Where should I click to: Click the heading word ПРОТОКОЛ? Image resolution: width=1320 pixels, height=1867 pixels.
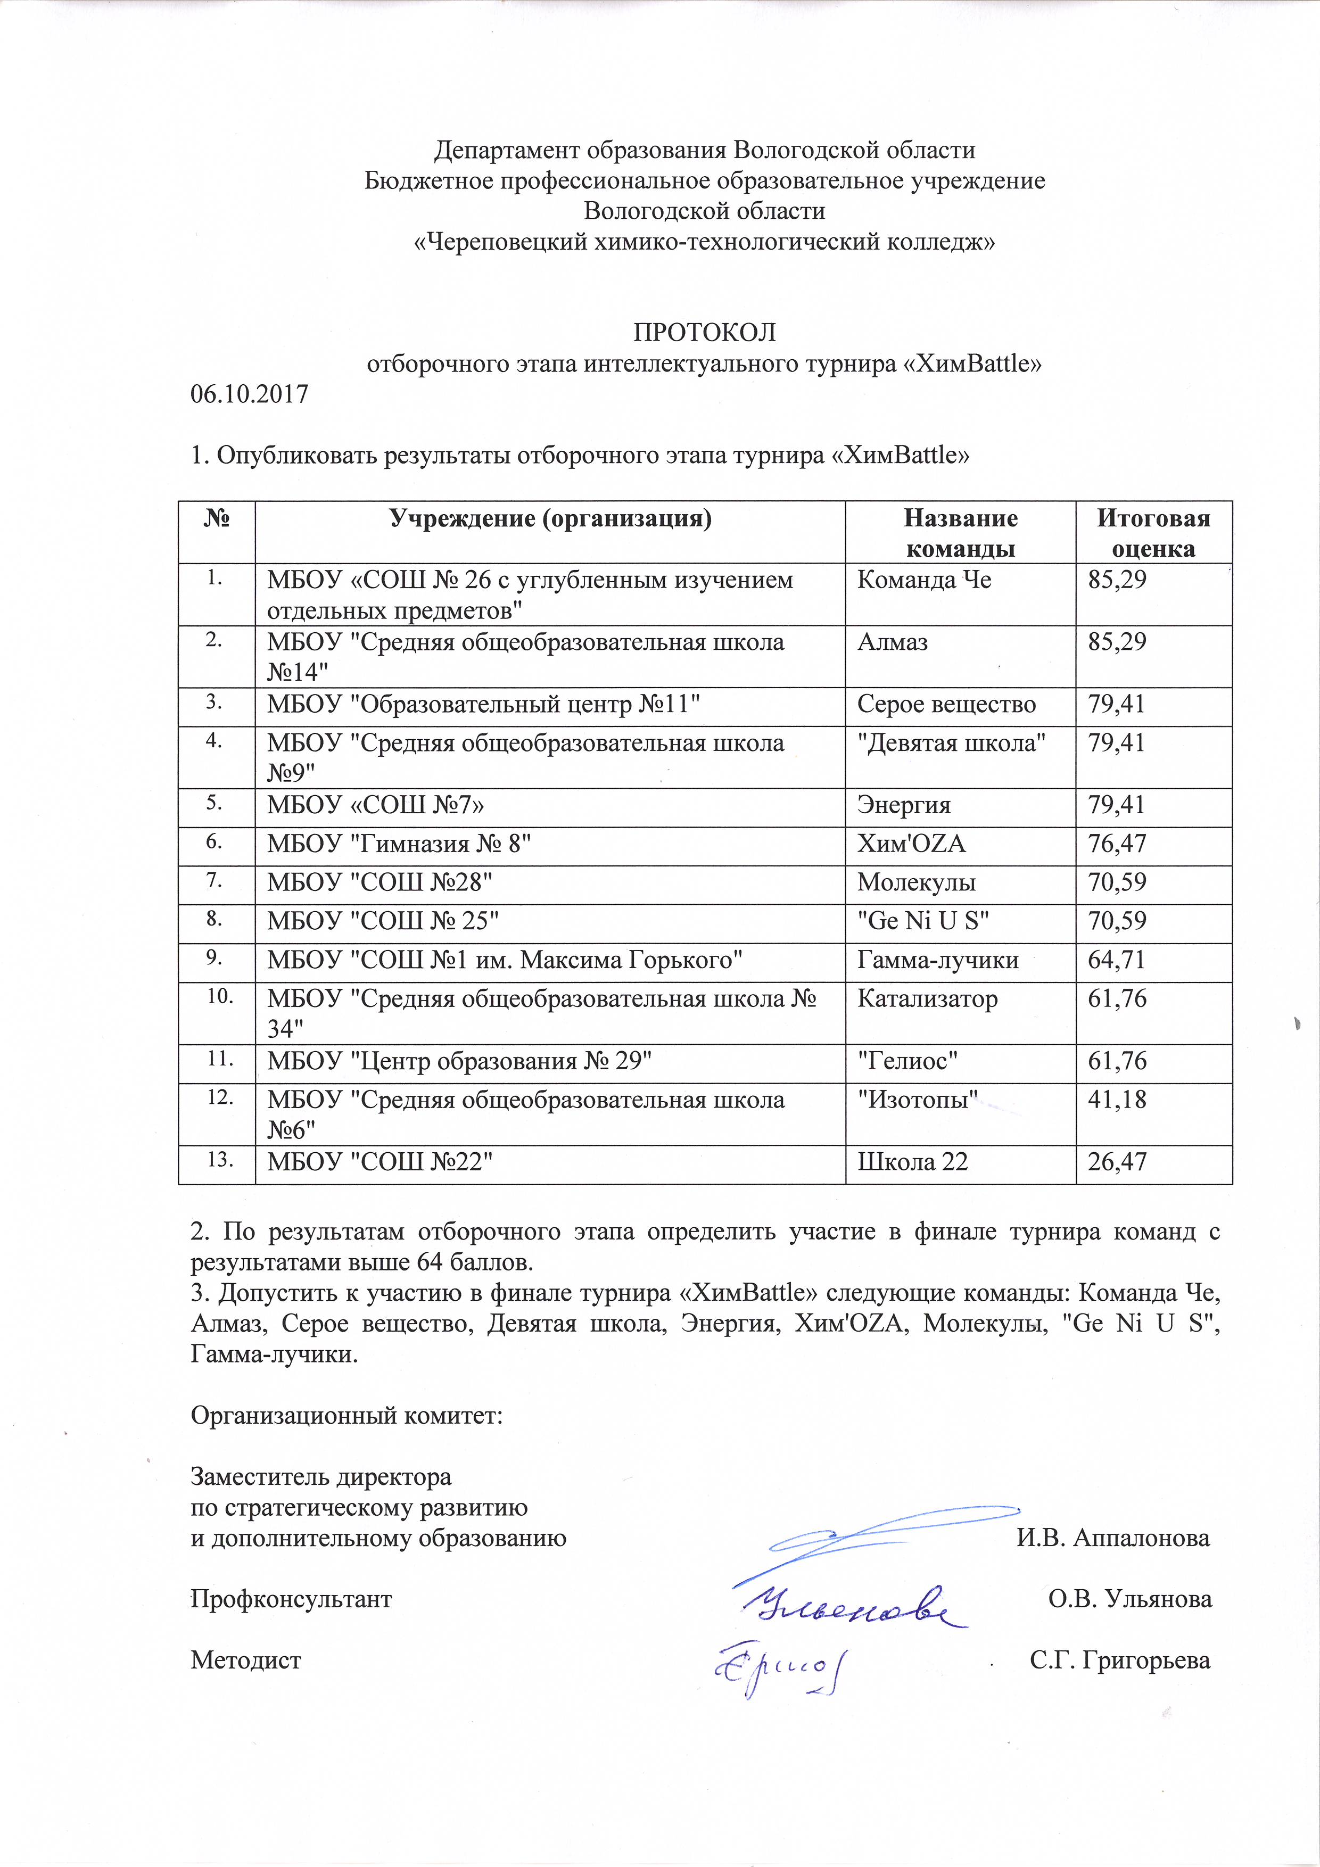pos(704,333)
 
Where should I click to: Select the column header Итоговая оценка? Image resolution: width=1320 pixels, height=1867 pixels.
pos(1153,533)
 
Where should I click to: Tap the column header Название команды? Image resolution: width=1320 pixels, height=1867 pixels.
pos(961,533)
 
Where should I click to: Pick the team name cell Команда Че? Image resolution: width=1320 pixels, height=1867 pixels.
pos(924,581)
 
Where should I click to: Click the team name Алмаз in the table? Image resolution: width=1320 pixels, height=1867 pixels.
pos(892,642)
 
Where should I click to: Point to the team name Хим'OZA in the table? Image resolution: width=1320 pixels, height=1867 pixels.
pos(911,844)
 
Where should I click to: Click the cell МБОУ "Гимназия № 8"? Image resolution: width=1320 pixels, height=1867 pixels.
pos(399,844)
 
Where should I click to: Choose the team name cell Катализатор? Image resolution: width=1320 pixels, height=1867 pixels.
pos(927,999)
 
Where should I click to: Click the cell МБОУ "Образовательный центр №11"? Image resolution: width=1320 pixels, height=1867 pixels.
pos(484,704)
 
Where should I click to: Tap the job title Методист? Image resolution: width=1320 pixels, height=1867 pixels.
pos(245,1661)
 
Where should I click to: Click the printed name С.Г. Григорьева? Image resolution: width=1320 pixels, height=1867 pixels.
pos(1119,1661)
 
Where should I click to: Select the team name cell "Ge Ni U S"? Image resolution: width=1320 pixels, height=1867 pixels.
pos(923,921)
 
